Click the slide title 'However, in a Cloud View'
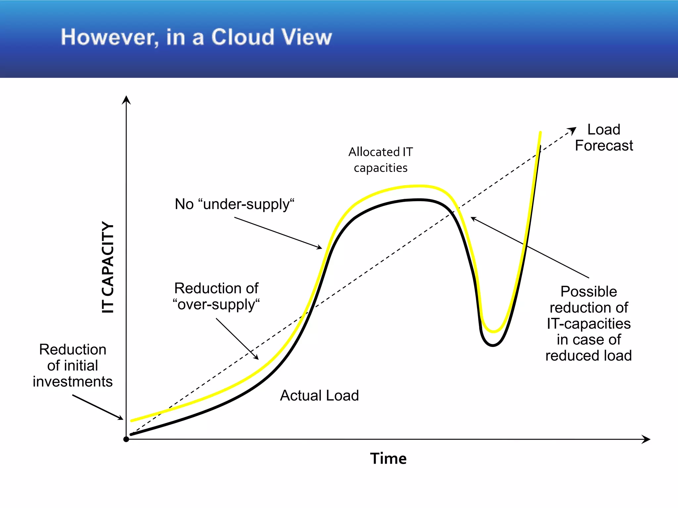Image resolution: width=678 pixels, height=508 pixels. (196, 37)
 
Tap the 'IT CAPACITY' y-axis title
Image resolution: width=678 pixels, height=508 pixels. (108, 267)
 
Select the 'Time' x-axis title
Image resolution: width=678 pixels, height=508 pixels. (388, 459)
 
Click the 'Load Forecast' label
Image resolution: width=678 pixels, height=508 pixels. (604, 138)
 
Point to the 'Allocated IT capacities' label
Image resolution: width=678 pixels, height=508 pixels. (381, 160)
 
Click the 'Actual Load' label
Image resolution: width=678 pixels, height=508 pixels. (319, 396)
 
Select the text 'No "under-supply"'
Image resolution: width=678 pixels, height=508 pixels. (234, 204)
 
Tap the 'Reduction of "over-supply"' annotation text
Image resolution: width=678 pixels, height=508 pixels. (216, 296)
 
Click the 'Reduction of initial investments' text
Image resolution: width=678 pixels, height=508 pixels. (73, 365)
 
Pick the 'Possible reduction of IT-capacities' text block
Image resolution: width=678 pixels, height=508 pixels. (589, 323)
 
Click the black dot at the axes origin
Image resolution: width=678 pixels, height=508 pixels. (126, 439)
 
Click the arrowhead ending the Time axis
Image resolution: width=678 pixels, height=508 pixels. (647, 439)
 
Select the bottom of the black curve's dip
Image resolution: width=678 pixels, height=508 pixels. (493, 345)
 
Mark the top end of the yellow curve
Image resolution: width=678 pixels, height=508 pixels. (540, 133)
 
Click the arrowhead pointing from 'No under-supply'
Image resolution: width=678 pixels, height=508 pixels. (319, 247)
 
